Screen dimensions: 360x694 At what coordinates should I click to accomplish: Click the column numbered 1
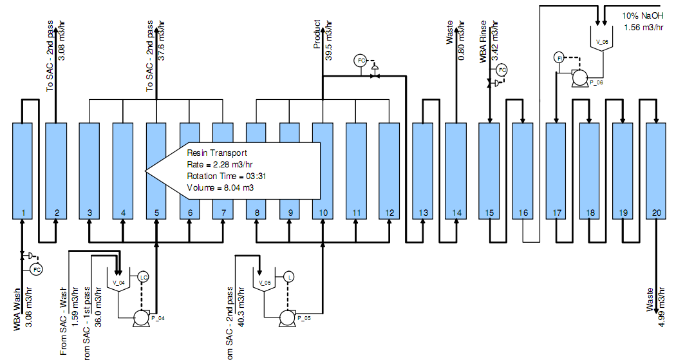(23, 171)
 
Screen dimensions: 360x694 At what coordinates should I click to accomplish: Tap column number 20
(656, 171)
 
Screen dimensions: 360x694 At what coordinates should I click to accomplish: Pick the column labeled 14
(456, 171)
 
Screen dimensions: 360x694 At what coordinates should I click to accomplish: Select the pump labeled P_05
(288, 317)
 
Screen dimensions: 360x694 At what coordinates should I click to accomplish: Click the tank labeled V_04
(118, 283)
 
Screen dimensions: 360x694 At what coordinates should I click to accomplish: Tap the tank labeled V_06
(602, 39)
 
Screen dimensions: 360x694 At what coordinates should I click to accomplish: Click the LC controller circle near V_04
(143, 277)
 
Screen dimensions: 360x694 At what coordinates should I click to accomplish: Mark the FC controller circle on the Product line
(361, 61)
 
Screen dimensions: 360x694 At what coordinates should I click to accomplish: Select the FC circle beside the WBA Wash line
(37, 269)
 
